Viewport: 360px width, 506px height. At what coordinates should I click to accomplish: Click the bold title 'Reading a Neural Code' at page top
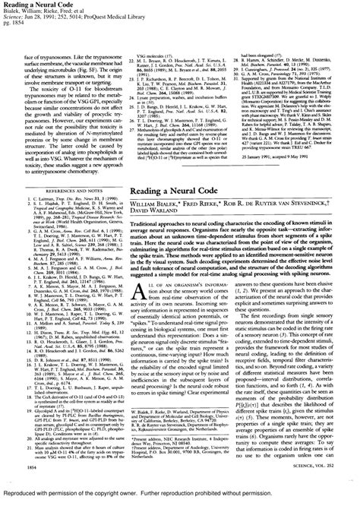pos(31,5)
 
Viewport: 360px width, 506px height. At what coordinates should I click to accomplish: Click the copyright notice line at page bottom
pos(179,498)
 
